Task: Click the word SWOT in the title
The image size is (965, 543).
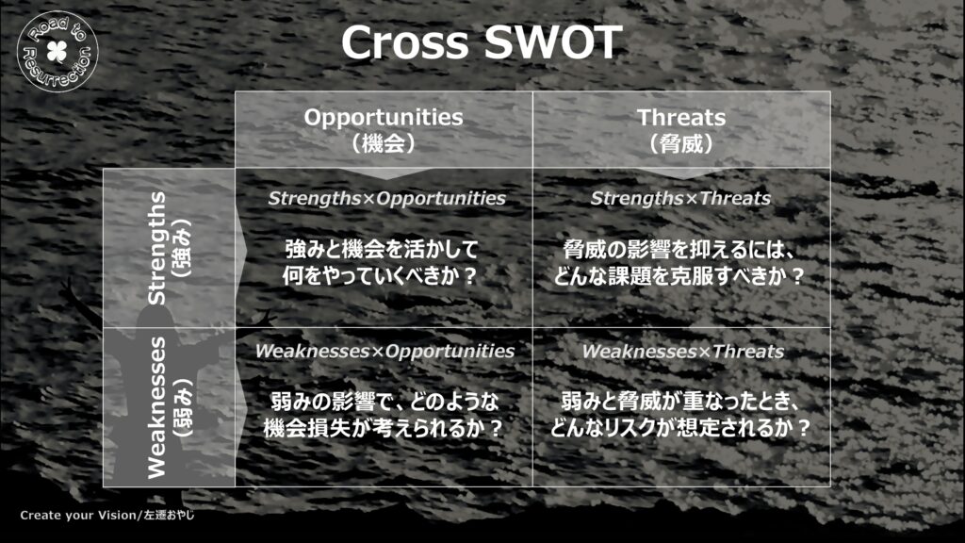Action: [x=552, y=42]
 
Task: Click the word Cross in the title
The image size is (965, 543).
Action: [x=404, y=42]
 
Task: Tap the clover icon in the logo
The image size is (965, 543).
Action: [x=57, y=52]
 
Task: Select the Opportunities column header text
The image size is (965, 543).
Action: [x=384, y=117]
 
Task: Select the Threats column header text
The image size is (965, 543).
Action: [x=681, y=117]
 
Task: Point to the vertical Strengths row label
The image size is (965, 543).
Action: [x=157, y=248]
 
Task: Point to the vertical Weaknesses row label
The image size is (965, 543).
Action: [x=157, y=407]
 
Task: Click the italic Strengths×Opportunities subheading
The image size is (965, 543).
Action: [x=386, y=198]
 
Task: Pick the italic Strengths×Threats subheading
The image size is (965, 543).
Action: [x=680, y=198]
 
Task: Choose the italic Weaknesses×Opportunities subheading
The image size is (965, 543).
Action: [x=384, y=351]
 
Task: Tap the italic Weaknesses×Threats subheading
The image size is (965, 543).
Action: [x=683, y=351]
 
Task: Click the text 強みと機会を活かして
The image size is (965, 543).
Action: [x=382, y=249]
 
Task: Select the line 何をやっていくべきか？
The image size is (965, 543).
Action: [x=380, y=276]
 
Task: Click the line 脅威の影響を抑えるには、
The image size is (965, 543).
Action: [x=679, y=249]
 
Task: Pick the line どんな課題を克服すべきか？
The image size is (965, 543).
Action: [x=679, y=276]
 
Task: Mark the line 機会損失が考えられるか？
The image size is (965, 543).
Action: [x=384, y=428]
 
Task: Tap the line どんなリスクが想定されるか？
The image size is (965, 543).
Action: [x=680, y=428]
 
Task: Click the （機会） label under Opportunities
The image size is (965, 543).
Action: [x=384, y=143]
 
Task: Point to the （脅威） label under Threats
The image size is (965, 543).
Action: [x=681, y=143]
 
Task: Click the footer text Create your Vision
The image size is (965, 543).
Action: [x=77, y=516]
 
